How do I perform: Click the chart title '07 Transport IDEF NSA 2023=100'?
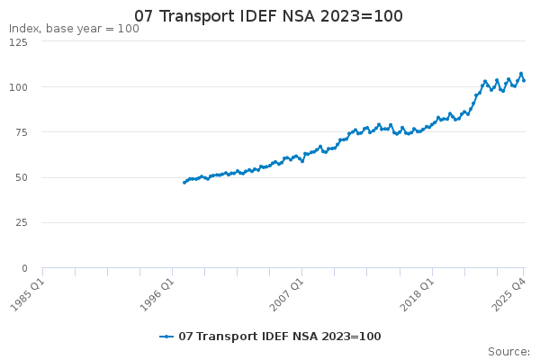[x=269, y=16]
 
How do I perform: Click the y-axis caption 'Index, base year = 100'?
[x=74, y=29]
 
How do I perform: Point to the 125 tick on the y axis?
[x=20, y=41]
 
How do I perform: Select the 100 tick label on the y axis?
[x=20, y=87]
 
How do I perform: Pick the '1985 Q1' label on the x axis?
[x=26, y=292]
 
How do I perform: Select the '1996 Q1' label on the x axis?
[x=157, y=292]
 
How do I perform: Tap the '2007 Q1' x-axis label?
[x=287, y=292]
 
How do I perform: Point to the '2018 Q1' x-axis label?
[x=417, y=292]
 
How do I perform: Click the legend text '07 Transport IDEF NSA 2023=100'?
[x=280, y=337]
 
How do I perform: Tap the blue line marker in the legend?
[x=166, y=337]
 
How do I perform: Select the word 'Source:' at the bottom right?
[x=508, y=352]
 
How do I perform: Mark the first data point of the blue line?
[x=184, y=183]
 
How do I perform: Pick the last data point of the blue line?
[x=524, y=80]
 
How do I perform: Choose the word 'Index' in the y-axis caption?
[x=24, y=29]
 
